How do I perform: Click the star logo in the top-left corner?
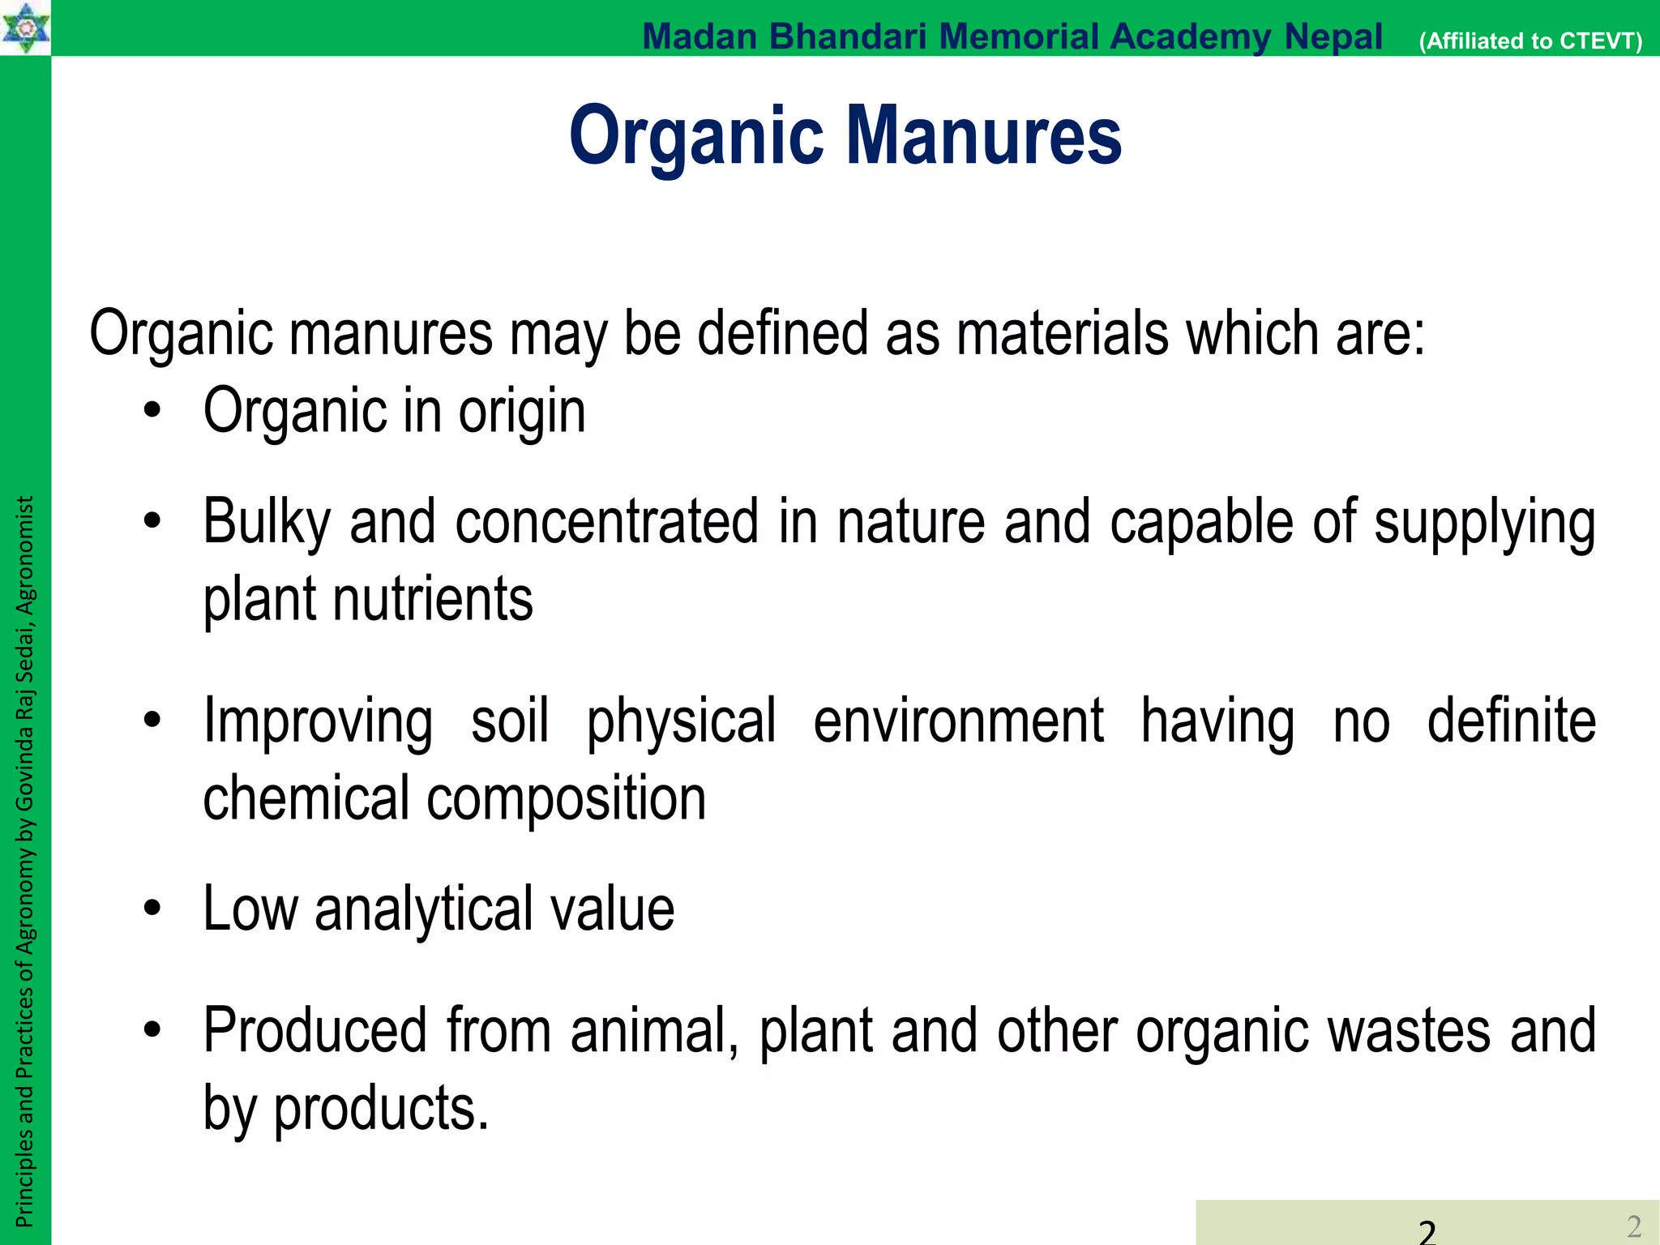click(25, 27)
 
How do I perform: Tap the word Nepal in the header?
click(1333, 36)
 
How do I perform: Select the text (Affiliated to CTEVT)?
click(1530, 41)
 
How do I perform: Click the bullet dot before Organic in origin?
click(152, 410)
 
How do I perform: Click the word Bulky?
click(267, 523)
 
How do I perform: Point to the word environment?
click(958, 720)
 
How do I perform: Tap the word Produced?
click(314, 1030)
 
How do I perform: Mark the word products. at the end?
click(381, 1108)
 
